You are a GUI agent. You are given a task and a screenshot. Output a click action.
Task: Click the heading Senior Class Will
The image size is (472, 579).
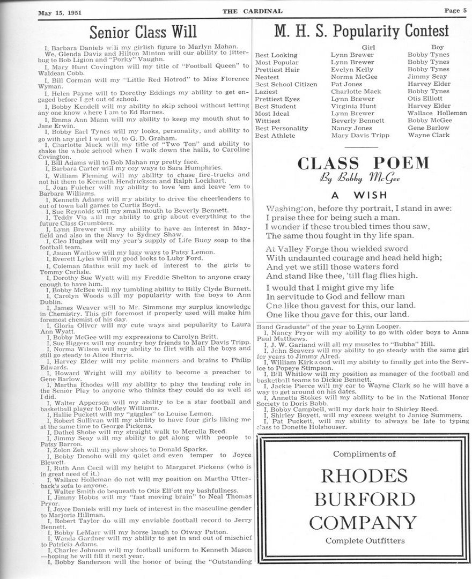[143, 31]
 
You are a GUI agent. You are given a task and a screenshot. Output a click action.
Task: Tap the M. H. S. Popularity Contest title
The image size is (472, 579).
[362, 31]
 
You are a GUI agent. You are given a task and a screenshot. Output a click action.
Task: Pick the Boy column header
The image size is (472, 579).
[438, 47]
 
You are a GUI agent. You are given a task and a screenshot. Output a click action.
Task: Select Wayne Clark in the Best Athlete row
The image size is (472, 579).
[429, 136]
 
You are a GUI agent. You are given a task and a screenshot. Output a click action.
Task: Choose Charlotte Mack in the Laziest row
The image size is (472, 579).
[356, 92]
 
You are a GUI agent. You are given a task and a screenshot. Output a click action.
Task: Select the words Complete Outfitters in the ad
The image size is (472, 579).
[365, 540]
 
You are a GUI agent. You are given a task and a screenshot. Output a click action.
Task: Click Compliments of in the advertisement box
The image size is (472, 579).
[364, 454]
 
